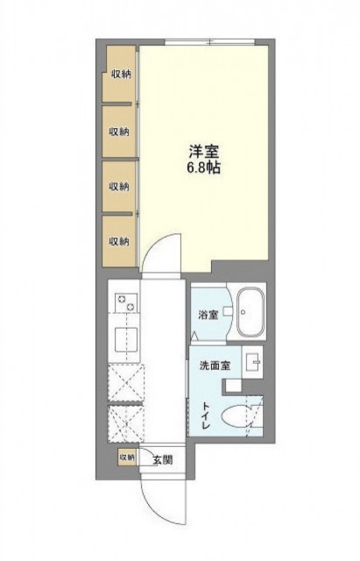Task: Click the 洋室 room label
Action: [204, 152]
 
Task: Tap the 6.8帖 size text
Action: [204, 167]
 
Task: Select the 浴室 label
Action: [208, 315]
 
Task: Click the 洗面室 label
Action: [215, 366]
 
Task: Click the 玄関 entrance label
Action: [163, 459]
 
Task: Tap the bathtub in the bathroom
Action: [251, 312]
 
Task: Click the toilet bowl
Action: [235, 416]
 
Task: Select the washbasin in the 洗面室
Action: [252, 362]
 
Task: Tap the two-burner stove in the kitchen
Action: [126, 302]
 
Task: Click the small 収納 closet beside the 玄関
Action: [127, 457]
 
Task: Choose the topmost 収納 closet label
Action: [121, 75]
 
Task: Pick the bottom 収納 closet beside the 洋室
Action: [119, 242]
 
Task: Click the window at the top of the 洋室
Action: [210, 42]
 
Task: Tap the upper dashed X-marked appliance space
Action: [126, 382]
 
